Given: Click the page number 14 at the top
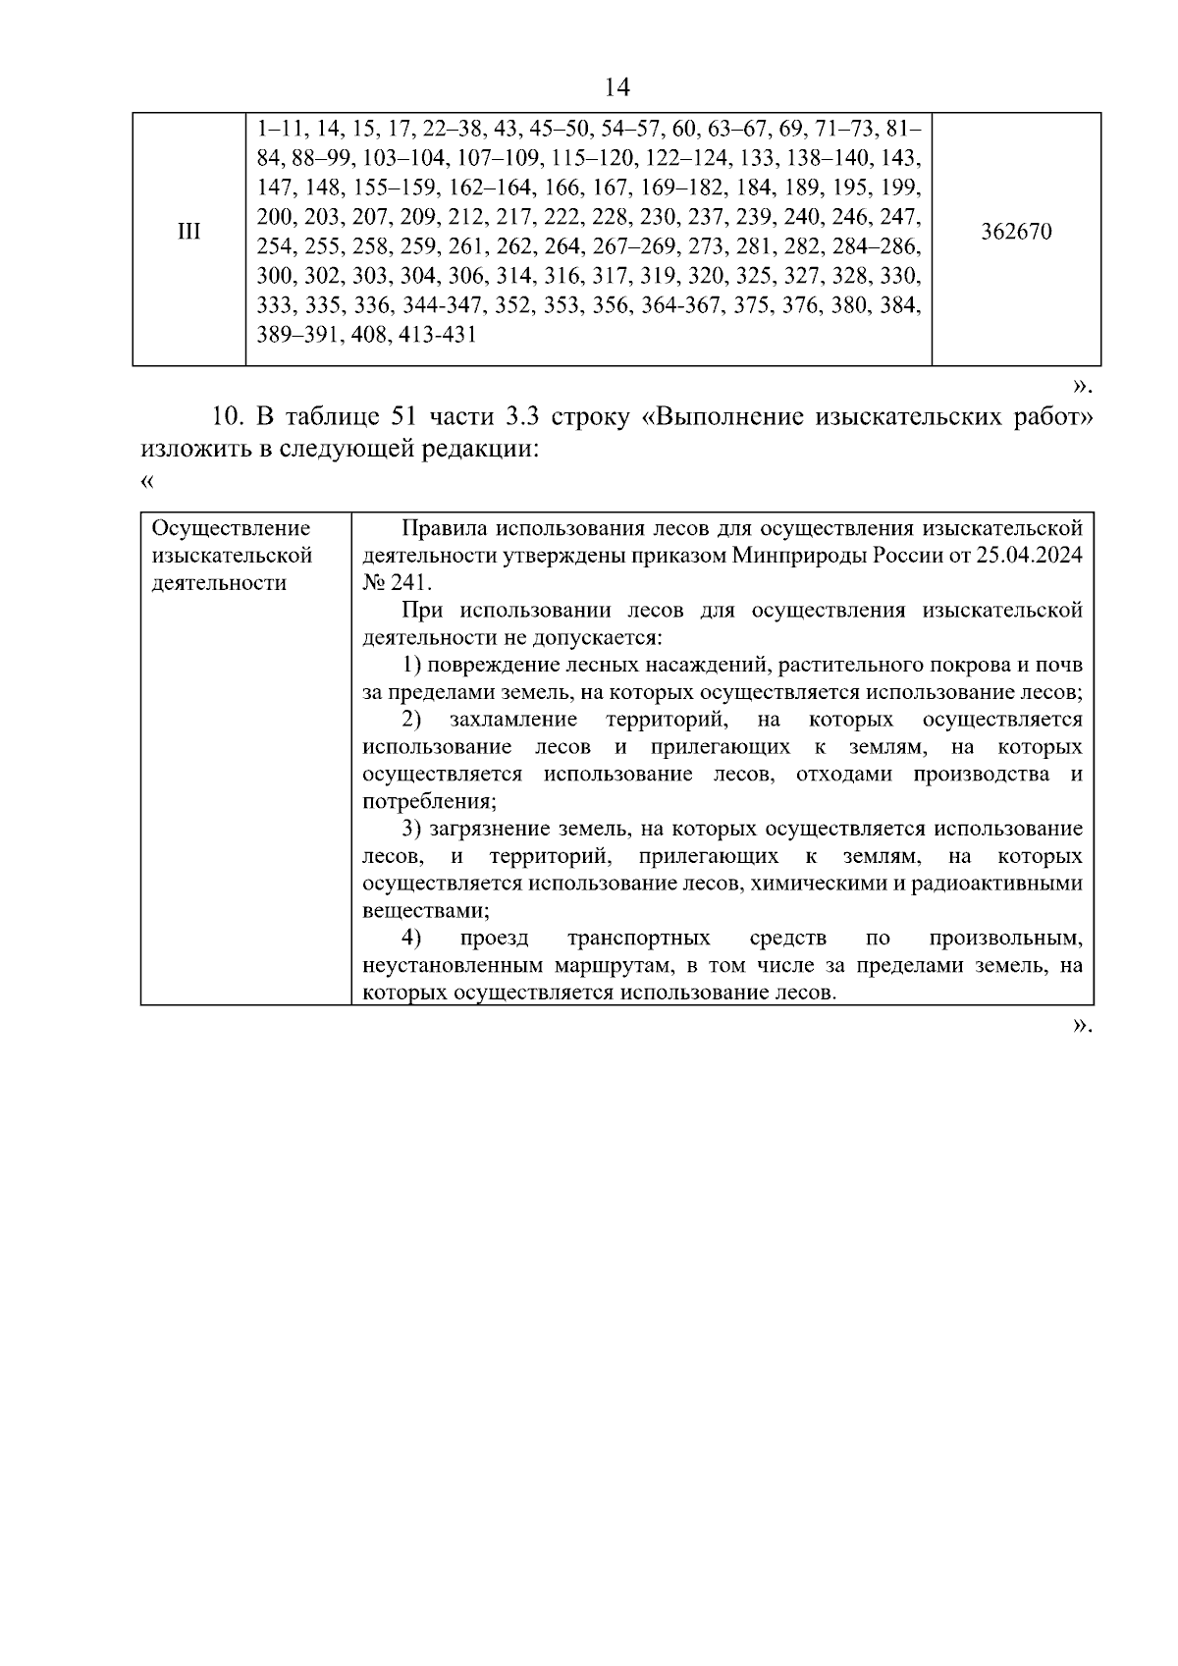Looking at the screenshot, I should click(616, 87).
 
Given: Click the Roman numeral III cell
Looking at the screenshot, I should click(188, 233).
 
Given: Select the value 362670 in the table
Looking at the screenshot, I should click(1016, 233).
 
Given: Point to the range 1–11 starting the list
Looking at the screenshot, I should click(279, 131).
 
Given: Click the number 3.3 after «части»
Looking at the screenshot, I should click(520, 417).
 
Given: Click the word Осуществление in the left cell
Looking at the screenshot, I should click(231, 529).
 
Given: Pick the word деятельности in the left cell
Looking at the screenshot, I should click(218, 583).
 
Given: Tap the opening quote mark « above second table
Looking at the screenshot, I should click(147, 481).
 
